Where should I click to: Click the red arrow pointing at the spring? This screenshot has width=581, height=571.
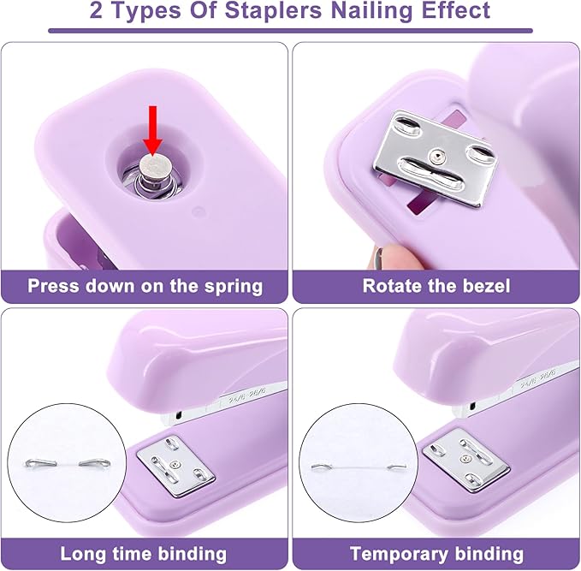click(x=152, y=130)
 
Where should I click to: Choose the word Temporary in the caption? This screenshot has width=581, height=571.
click(x=400, y=555)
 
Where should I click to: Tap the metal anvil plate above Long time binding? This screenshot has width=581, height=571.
click(x=175, y=466)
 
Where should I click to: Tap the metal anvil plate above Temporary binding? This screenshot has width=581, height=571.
click(x=465, y=460)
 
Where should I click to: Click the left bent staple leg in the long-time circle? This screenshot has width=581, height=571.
click(x=40, y=463)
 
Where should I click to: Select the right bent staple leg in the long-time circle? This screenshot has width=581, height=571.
click(x=95, y=462)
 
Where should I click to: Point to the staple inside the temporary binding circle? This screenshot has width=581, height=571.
click(x=359, y=467)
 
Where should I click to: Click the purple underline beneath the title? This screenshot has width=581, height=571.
click(x=291, y=31)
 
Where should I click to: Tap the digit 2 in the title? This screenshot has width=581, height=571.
click(x=96, y=11)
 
